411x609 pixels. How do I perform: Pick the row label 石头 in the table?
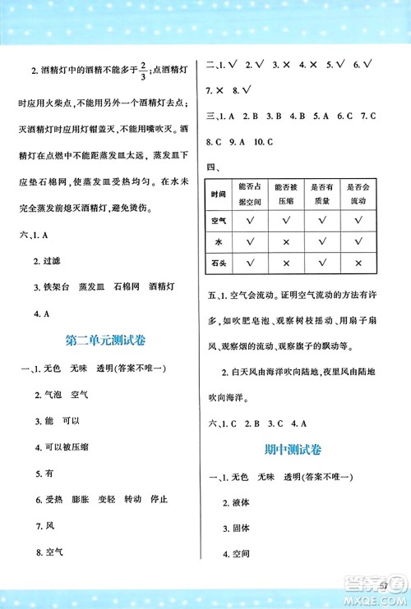[218, 263]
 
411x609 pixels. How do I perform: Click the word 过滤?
[55, 263]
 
